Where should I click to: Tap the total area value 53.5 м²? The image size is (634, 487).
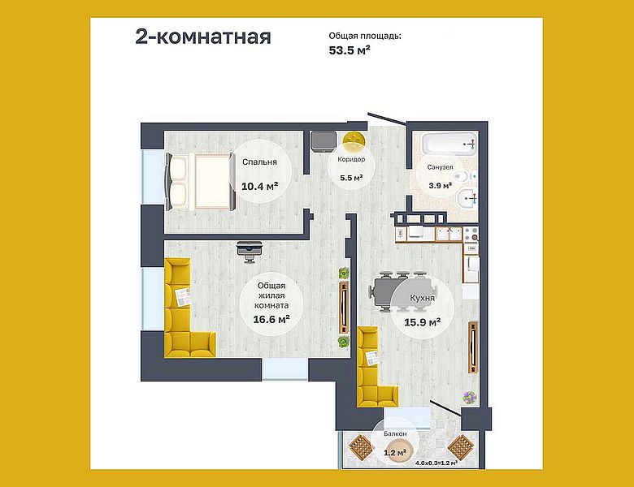[x=350, y=50]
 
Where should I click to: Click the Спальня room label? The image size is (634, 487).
[x=259, y=162]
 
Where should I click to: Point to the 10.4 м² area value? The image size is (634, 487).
[x=259, y=186]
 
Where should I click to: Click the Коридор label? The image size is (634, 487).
[x=345, y=160]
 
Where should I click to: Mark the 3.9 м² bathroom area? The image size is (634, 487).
[x=441, y=185]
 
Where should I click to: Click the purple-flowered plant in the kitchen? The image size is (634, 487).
[x=470, y=397]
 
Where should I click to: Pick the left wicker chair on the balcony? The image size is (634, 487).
[x=358, y=446]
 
